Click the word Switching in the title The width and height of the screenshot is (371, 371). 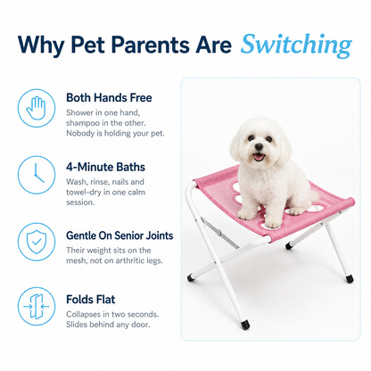296,45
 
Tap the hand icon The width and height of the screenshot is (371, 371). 37,108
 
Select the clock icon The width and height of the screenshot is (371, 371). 37,175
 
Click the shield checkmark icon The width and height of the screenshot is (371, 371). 37,242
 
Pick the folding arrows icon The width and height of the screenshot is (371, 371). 37,306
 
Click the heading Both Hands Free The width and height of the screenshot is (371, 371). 109,97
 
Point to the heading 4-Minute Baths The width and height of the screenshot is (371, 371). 105,167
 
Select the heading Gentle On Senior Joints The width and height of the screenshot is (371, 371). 120,235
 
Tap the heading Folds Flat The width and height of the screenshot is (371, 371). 91,300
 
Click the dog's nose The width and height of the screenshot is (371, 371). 259,146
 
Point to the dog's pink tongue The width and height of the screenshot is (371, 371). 259,157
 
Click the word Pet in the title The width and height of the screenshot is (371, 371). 87,45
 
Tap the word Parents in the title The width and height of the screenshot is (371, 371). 150,45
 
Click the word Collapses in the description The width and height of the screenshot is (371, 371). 83,315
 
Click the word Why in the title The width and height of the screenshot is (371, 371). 41,45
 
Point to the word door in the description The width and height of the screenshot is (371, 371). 140,325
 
